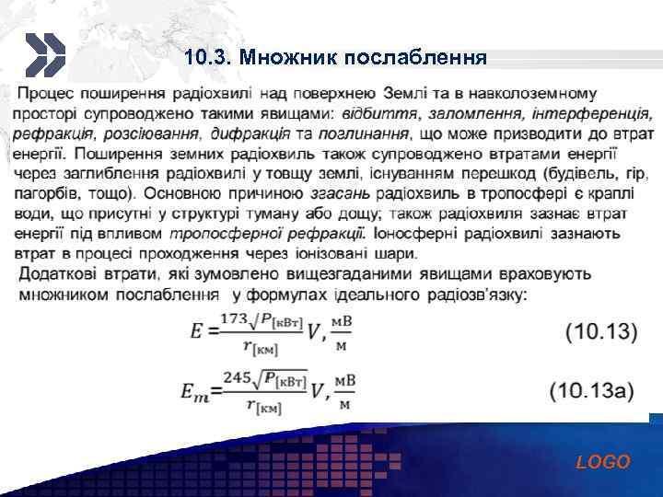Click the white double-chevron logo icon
pyautogui.click(x=43, y=55)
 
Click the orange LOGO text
pyautogui.click(x=603, y=462)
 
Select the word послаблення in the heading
pyautogui.click(x=414, y=58)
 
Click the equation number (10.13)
pyautogui.click(x=600, y=331)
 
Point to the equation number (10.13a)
pyautogui.click(x=593, y=390)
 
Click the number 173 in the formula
pyautogui.click(x=235, y=320)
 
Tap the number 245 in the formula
pyautogui.click(x=238, y=377)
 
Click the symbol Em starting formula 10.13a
pyautogui.click(x=194, y=391)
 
